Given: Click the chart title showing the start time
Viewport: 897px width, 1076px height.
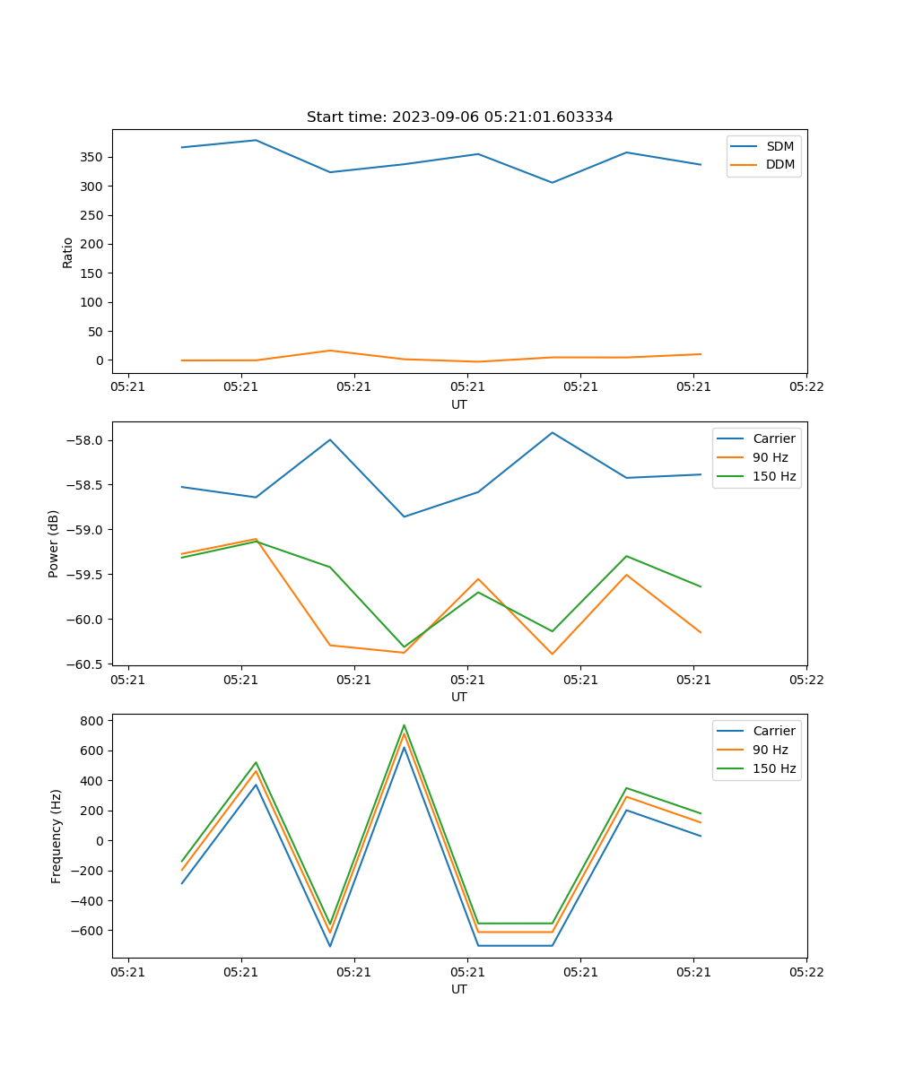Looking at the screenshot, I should [x=459, y=117].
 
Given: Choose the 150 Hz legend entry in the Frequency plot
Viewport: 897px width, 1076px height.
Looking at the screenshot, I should [x=774, y=768].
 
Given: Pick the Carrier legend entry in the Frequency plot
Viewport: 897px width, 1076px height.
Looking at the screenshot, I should [x=773, y=731].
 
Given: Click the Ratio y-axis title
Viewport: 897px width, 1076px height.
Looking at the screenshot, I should [x=68, y=252].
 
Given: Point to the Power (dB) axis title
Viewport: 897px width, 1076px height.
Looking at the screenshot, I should [x=54, y=543].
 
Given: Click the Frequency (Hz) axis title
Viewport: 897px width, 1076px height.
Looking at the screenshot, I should [x=57, y=836].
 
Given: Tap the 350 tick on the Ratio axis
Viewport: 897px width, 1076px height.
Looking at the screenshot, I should [x=93, y=157].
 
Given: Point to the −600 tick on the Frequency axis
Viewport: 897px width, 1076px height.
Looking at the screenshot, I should [x=87, y=931].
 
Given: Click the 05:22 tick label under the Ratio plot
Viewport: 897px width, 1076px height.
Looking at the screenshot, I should [x=806, y=387].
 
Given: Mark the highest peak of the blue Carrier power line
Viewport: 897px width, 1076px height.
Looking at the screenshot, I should [x=553, y=432].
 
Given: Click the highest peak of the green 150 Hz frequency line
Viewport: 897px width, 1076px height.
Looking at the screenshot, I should [x=405, y=725].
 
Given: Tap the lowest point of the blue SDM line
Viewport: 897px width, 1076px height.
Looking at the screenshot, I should [x=553, y=183].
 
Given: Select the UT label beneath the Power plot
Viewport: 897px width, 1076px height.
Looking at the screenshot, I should [x=459, y=697].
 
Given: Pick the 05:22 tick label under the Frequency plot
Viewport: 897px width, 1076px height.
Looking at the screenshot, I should [x=806, y=972].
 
